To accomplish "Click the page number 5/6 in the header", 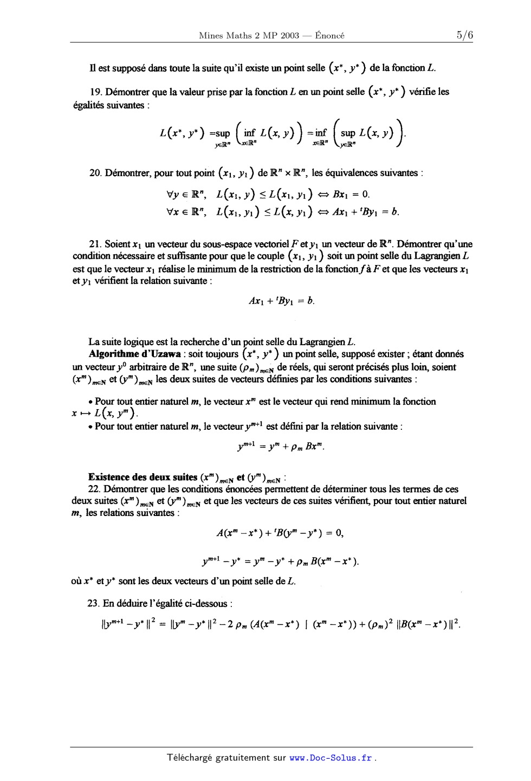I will click(x=464, y=35).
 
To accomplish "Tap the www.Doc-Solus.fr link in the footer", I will click(x=331, y=758).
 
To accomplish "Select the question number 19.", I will click(x=94, y=92).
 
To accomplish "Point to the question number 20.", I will click(x=94, y=173).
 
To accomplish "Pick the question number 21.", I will click(x=94, y=244).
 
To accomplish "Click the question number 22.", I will click(x=94, y=489).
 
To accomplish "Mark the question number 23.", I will click(x=94, y=603).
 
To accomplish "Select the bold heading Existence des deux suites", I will click(x=143, y=477).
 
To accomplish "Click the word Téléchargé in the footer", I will click(x=190, y=758).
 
